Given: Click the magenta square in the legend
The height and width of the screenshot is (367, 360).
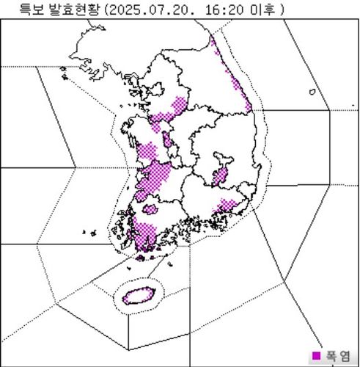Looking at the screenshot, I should (x=317, y=356).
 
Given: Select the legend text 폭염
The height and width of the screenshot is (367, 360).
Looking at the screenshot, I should (x=339, y=356).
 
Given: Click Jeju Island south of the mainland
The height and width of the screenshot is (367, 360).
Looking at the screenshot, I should (x=137, y=296).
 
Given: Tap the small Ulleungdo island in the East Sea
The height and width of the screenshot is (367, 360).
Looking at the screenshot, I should (x=312, y=92).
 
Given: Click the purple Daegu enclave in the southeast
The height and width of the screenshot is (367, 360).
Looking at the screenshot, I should (x=220, y=175).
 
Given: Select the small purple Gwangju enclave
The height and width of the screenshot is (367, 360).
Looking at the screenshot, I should (x=150, y=210).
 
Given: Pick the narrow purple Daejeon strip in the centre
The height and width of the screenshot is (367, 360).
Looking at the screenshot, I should (x=168, y=139).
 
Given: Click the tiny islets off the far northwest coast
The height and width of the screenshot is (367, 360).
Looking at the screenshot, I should (x=63, y=73).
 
